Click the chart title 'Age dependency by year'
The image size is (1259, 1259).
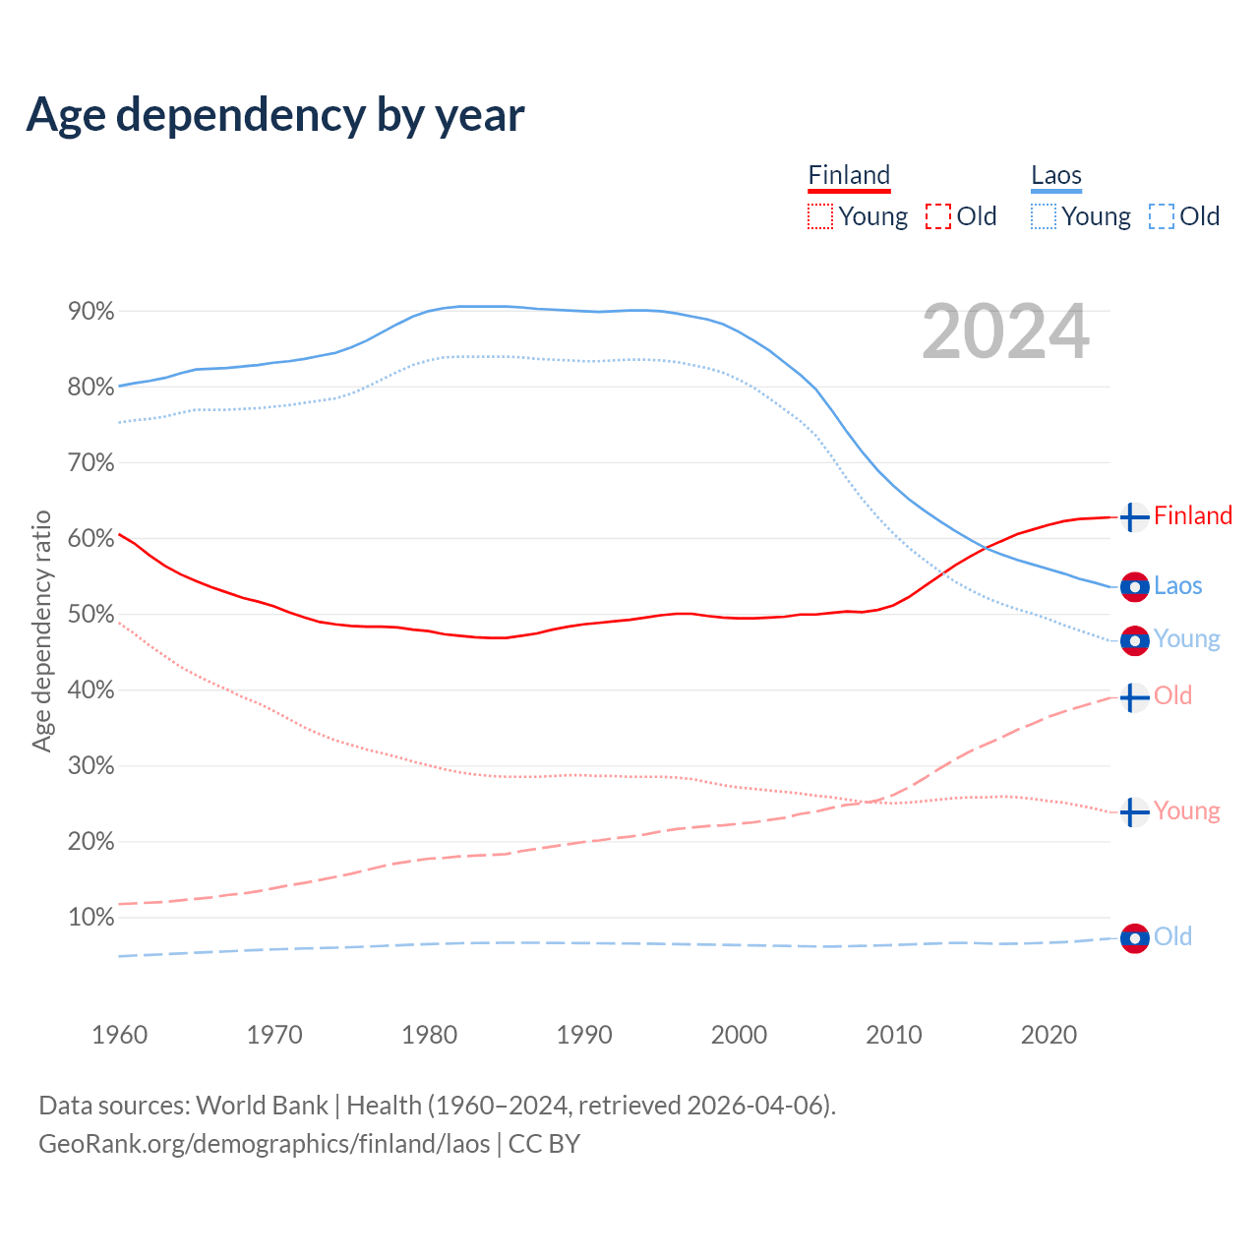pos(275,115)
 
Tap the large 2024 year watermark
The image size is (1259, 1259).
pos(1005,331)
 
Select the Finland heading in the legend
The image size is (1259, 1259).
pos(849,176)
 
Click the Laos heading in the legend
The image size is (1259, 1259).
pos(1055,176)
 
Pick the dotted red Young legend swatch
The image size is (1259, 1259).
pos(819,216)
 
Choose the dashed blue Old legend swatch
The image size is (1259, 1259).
pos(1161,216)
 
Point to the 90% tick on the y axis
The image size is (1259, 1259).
pos(90,312)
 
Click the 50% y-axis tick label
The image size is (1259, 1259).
pos(90,615)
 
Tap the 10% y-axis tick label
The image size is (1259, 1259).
pos(90,918)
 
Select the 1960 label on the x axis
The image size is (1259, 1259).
pos(119,1035)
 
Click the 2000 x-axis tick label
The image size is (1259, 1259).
pos(739,1035)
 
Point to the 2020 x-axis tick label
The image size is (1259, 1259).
pos(1049,1035)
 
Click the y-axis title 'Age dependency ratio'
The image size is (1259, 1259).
pos(41,630)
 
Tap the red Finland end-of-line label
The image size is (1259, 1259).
pos(1192,515)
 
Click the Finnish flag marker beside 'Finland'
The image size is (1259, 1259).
pos(1134,516)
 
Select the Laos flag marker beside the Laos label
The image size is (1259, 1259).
pos(1134,586)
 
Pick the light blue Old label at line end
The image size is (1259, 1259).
pos(1172,936)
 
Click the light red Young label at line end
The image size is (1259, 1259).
pos(1186,810)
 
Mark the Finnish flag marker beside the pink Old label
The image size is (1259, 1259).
pos(1134,697)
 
